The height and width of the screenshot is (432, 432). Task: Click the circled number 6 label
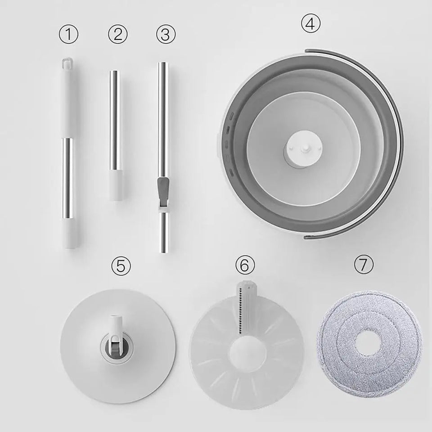[x=244, y=265]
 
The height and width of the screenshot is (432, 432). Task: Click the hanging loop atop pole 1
[x=68, y=62]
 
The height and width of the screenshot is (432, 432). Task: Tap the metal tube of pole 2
[x=115, y=117]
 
